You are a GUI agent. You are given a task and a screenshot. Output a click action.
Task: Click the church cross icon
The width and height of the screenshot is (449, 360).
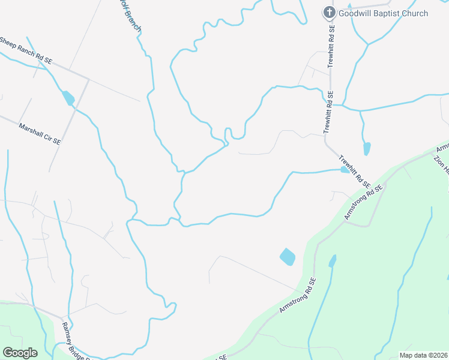(329, 12)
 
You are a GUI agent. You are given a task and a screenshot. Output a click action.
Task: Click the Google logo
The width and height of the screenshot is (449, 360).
(20, 352)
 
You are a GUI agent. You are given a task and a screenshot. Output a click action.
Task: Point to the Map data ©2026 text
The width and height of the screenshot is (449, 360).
(423, 355)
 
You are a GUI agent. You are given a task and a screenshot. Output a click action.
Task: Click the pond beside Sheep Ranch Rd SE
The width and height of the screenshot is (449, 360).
(68, 98)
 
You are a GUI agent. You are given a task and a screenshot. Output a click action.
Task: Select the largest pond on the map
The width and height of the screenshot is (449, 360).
(288, 257)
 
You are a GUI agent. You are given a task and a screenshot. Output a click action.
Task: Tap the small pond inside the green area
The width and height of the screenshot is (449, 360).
(333, 261)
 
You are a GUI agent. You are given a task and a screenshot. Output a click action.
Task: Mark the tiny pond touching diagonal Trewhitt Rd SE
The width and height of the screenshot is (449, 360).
(345, 170)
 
